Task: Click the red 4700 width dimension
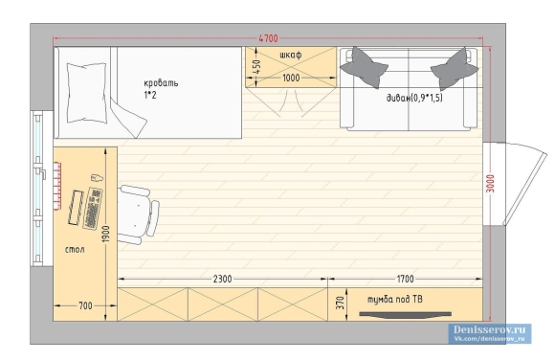point(269,38)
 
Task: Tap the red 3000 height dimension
point(490,184)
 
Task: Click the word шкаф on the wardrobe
point(291,55)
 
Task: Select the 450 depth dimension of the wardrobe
point(257,67)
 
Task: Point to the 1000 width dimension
point(291,78)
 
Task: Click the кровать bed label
point(161,83)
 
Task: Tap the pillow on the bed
point(87,93)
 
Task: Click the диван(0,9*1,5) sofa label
point(414,98)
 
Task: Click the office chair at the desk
point(138,214)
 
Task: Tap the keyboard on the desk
point(93,209)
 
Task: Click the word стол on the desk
point(75,250)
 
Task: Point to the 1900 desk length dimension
point(105,235)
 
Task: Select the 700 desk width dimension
point(85,305)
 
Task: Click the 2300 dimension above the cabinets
point(223,280)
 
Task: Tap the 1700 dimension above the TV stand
point(405,280)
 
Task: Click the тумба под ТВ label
point(395,300)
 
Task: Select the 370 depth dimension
point(340,303)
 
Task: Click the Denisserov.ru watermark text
point(490,329)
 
